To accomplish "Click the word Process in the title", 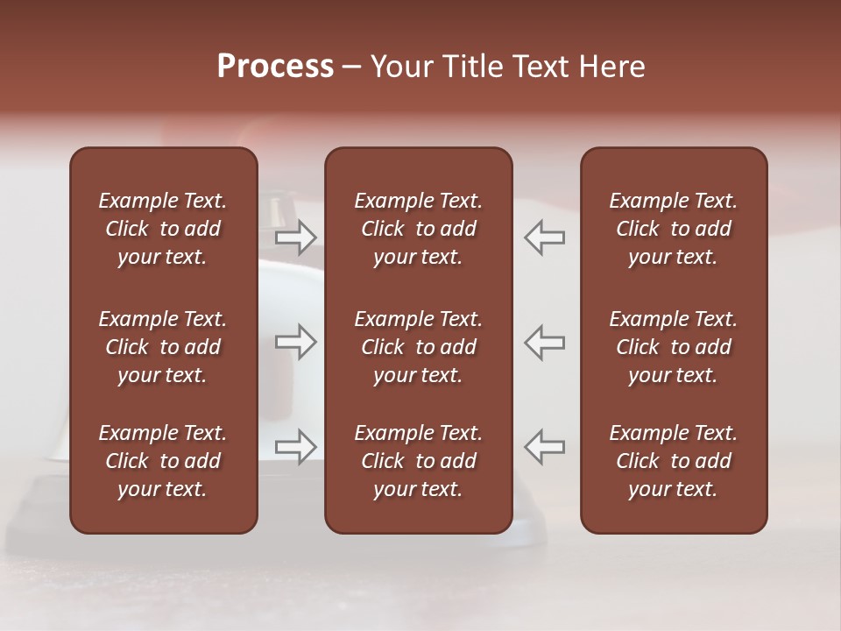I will (x=275, y=67).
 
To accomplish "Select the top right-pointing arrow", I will (x=296, y=238).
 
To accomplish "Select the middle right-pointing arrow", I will (x=296, y=342).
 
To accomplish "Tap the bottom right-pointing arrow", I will (x=296, y=447).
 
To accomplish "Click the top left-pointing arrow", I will (x=545, y=238).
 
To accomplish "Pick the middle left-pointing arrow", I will (x=545, y=342).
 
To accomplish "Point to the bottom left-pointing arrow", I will (x=545, y=447).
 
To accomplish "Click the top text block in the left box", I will (x=163, y=229).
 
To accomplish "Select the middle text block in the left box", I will (x=163, y=347).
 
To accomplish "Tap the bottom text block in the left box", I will (x=163, y=461).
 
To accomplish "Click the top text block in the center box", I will (x=418, y=229).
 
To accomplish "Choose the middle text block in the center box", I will (x=418, y=347).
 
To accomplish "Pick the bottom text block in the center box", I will (x=418, y=461).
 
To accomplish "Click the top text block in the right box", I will (x=673, y=229).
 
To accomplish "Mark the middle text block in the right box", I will (x=673, y=347).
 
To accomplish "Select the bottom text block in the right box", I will (x=673, y=461).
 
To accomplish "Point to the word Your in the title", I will (x=400, y=67).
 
